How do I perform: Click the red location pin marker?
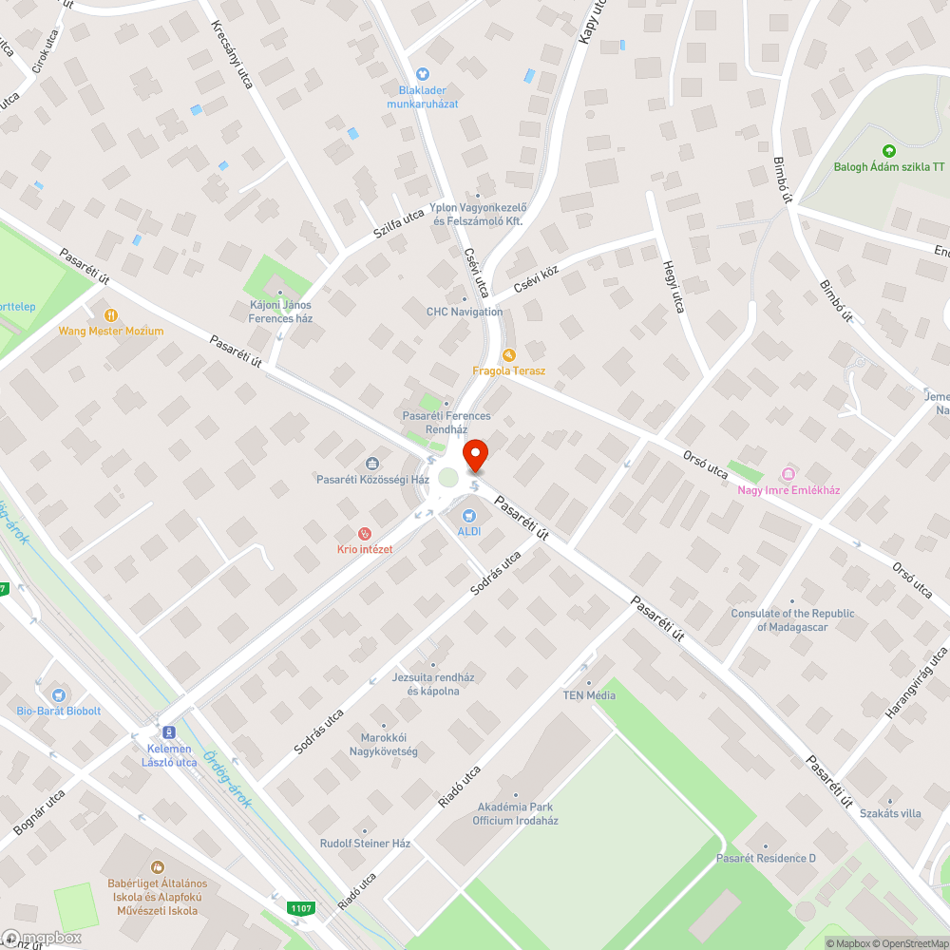pos(474,455)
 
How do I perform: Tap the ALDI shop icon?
pos(468,516)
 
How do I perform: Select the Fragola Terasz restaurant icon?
pos(508,354)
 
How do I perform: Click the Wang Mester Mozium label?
pos(111,331)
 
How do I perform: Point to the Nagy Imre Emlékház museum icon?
pos(788,474)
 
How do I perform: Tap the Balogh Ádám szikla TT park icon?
pos(888,150)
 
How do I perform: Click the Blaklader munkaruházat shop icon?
pos(423,74)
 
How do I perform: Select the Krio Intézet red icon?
pos(364,535)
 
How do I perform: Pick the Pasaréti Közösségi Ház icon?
pos(372,464)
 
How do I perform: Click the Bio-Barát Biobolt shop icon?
pos(59,695)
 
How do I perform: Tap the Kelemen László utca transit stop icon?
pos(169,732)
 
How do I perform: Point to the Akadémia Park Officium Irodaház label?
pos(515,814)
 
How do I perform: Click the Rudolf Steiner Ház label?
pos(365,844)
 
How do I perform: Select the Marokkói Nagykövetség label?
pos(389,745)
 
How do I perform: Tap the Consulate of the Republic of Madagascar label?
pos(793,620)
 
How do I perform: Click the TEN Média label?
pos(589,694)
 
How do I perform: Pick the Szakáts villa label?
pos(890,813)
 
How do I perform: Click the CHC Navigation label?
pos(465,312)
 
